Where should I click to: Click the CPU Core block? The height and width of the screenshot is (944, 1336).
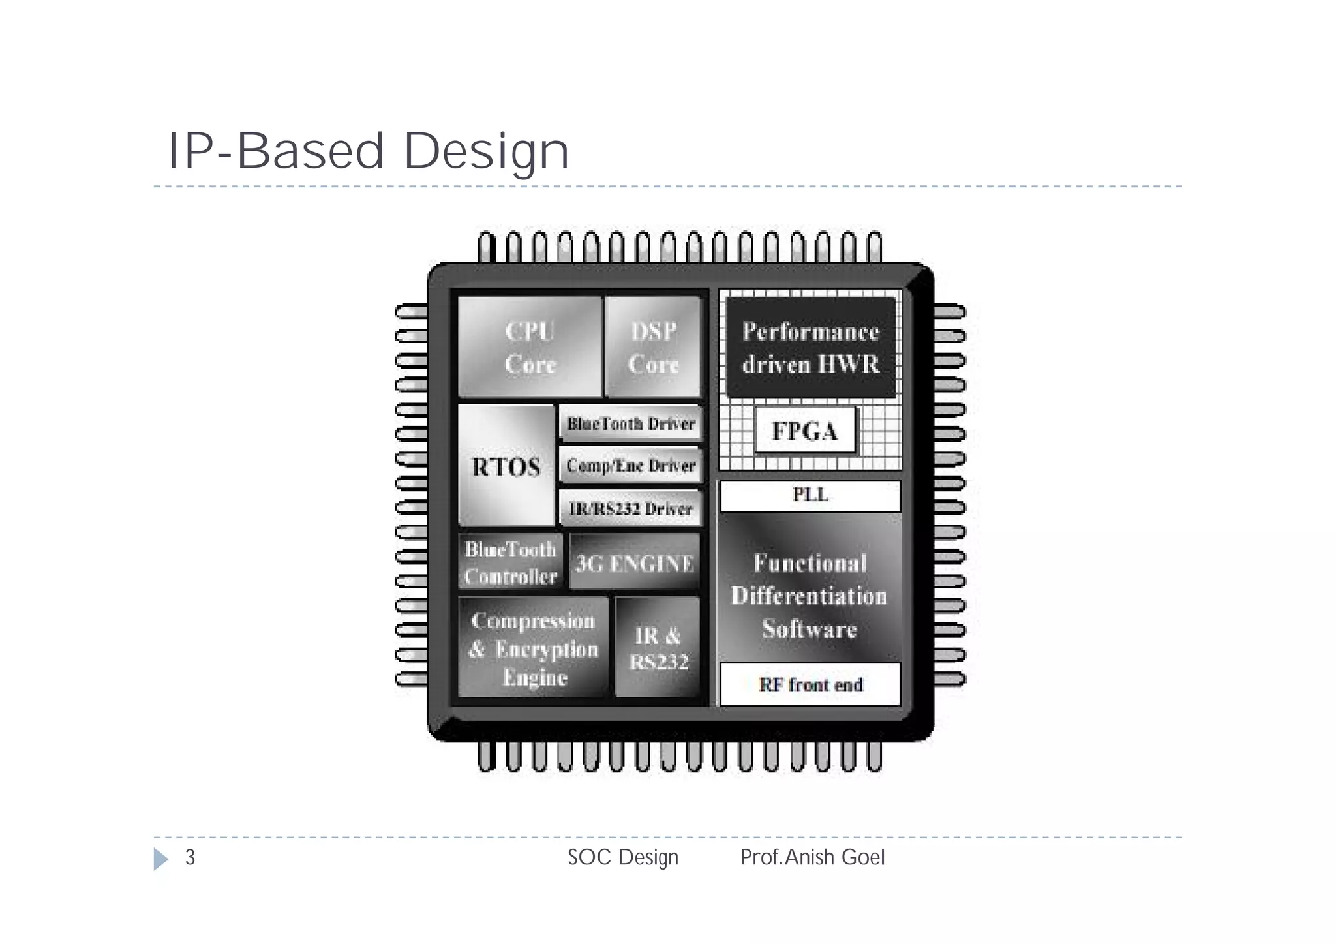(x=529, y=346)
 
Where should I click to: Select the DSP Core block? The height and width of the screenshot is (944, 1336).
(x=653, y=346)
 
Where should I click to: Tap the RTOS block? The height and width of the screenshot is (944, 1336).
(x=506, y=466)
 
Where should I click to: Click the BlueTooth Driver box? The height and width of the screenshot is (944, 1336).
(x=631, y=424)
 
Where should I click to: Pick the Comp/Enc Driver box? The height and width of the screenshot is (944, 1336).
(x=631, y=466)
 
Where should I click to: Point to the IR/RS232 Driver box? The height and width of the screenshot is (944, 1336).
(x=631, y=508)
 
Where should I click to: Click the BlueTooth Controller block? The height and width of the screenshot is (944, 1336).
(x=510, y=562)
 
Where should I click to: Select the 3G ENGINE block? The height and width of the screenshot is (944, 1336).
(x=634, y=562)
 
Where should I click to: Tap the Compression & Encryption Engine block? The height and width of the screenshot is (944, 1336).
(x=533, y=648)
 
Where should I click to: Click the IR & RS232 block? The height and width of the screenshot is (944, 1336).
(x=658, y=648)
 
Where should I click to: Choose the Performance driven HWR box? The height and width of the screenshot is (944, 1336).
(x=811, y=348)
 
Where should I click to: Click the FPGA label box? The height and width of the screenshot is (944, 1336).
(x=804, y=431)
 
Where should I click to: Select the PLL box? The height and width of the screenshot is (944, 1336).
(x=810, y=496)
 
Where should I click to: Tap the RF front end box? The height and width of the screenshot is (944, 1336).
(x=810, y=684)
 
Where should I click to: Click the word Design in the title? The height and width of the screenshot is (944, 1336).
(x=486, y=151)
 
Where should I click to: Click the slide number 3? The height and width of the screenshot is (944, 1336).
(x=190, y=857)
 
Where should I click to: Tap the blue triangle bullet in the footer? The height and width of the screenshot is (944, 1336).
(x=160, y=859)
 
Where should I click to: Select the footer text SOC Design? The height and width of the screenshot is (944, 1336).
(x=623, y=857)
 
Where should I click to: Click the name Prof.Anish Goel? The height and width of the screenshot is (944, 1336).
(x=812, y=857)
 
